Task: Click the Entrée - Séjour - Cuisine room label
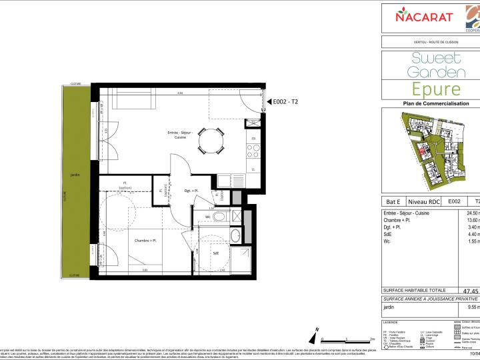[180, 136]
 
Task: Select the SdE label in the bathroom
[216, 253]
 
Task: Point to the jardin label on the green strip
[75, 175]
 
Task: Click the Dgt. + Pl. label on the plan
[182, 191]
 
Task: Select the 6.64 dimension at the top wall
[179, 94]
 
